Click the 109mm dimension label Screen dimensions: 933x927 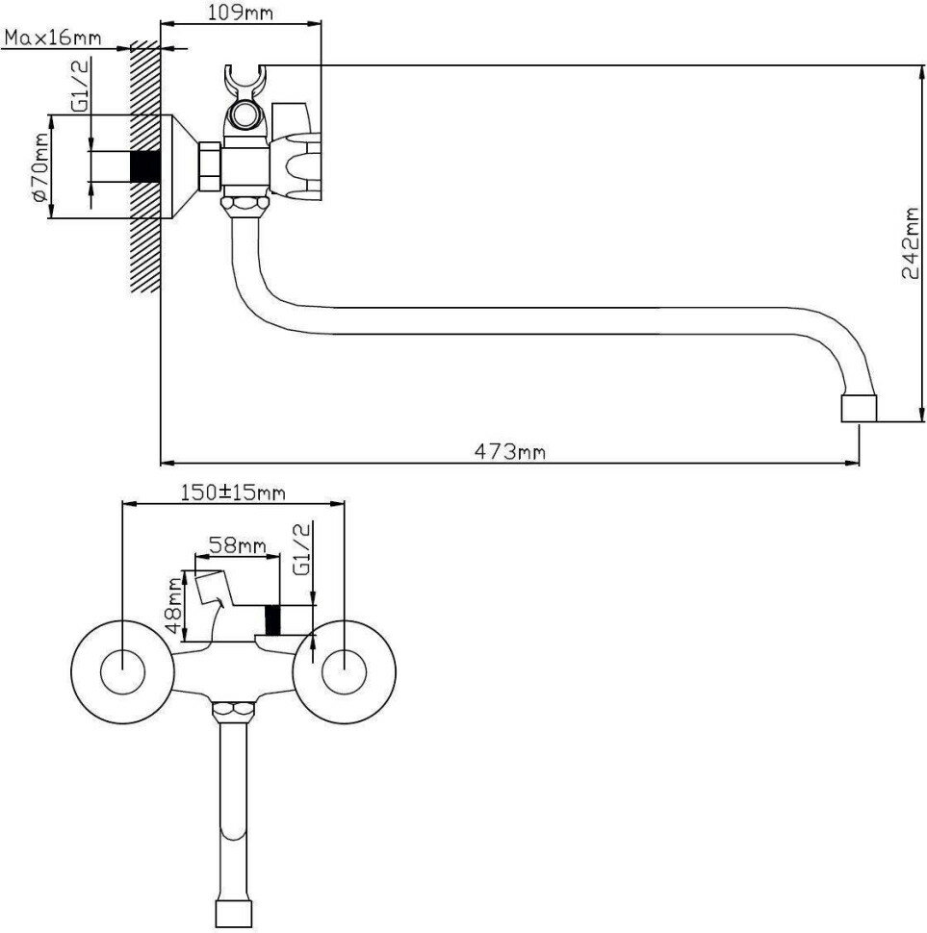point(240,13)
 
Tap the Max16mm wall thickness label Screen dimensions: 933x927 point(53,38)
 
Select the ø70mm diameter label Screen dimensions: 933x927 point(39,167)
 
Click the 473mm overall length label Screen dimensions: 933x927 point(508,452)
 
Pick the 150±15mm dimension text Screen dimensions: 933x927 point(233,492)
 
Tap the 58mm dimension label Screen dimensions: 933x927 point(238,545)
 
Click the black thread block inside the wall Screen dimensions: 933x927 point(144,167)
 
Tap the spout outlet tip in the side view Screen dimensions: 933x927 point(859,407)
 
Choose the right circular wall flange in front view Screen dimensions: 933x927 point(343,671)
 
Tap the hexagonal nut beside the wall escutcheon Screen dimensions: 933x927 point(208,167)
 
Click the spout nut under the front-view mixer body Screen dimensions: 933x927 point(232,713)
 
